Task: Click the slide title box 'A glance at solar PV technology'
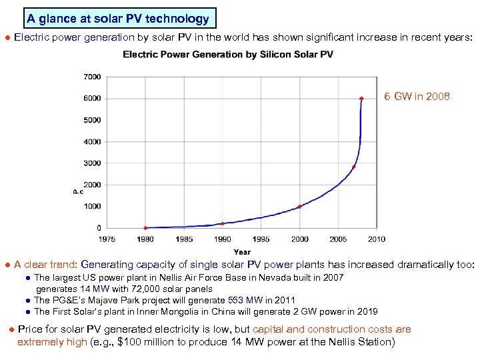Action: tap(118, 19)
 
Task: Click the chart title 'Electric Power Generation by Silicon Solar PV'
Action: tap(228, 55)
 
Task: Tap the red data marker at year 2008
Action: tap(361, 99)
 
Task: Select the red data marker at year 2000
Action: tap(300, 206)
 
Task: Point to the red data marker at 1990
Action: tap(223, 223)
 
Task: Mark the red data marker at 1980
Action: tap(145, 228)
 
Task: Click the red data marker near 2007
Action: tap(353, 167)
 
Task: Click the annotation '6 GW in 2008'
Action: tap(417, 97)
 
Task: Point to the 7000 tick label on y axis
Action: tap(92, 77)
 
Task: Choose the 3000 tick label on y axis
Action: tap(92, 163)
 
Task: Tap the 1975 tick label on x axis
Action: tap(107, 239)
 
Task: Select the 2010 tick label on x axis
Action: tap(377, 239)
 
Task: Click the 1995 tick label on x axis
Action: tap(261, 239)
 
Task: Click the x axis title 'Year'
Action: tap(242, 252)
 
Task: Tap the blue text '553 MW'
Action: tap(245, 301)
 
